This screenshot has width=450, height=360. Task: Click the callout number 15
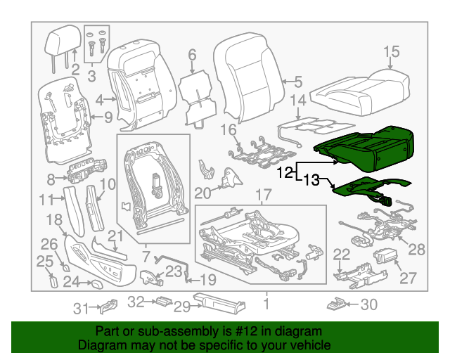click(392, 51)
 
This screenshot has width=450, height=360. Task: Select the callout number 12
click(285, 172)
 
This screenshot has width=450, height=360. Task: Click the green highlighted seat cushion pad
click(366, 144)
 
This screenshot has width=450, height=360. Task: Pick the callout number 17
click(262, 195)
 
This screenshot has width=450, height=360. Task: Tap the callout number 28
click(418, 249)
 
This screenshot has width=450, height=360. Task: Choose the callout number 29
click(183, 306)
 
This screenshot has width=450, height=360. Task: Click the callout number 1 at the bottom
click(266, 304)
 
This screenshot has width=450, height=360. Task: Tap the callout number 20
click(202, 193)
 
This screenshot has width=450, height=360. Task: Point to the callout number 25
click(45, 262)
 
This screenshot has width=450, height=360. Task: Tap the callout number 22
click(341, 255)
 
